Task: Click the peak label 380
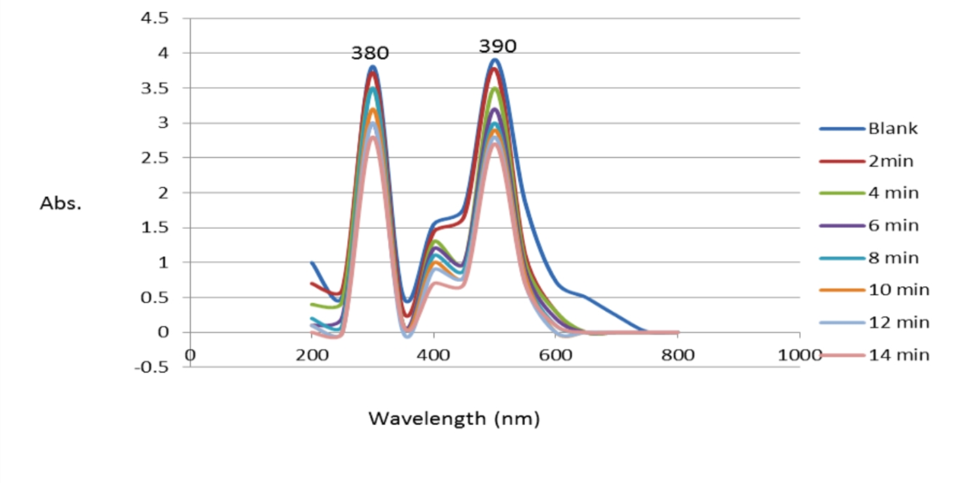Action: point(370,53)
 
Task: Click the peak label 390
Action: point(497,46)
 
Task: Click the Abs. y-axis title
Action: point(60,203)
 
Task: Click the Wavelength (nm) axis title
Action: point(454,418)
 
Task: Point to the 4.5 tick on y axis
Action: point(154,19)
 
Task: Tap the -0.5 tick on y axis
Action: point(151,367)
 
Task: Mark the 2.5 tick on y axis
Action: point(154,158)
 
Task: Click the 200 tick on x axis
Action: point(312,355)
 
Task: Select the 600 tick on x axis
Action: point(555,355)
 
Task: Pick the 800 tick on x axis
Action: point(678,355)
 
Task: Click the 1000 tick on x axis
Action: point(798,355)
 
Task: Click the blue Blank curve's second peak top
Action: point(495,60)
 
